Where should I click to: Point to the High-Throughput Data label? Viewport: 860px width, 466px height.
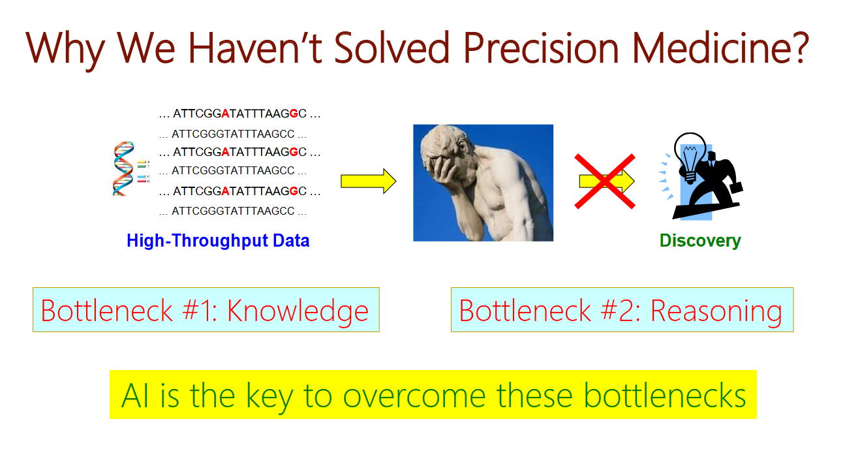tap(218, 241)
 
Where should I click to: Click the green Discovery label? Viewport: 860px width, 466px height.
tap(700, 241)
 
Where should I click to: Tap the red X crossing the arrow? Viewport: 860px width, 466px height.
tap(605, 181)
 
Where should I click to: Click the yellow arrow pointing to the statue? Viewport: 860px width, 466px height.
tap(368, 181)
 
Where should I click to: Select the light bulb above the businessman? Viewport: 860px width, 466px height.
tap(690, 158)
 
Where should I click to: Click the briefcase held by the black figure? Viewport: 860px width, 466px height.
tap(737, 187)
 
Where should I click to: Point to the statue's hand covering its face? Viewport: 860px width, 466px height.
tap(442, 166)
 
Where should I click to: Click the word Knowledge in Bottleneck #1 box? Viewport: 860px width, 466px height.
tap(298, 311)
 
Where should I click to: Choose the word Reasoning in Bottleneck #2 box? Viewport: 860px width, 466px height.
tap(716, 311)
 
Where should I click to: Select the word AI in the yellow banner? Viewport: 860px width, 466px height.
tap(135, 396)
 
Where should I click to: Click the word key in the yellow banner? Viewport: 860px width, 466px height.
tap(269, 397)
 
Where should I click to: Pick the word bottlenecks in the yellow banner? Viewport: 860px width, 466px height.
tap(665, 395)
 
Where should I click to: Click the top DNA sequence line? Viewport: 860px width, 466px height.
tap(239, 114)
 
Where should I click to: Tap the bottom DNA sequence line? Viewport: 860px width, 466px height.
tap(233, 211)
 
